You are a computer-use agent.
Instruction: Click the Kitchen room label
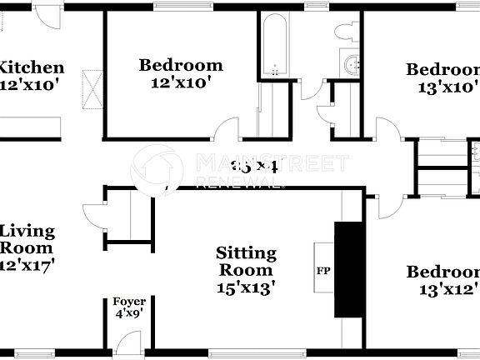click(x=31, y=67)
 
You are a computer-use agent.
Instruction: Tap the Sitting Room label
click(x=246, y=262)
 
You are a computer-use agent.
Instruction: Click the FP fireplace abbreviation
click(x=322, y=271)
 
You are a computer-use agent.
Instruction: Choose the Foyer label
click(x=130, y=302)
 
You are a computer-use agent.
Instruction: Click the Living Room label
click(x=27, y=239)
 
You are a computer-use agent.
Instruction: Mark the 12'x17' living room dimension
click(x=27, y=265)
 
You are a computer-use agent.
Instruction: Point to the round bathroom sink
click(x=352, y=62)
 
